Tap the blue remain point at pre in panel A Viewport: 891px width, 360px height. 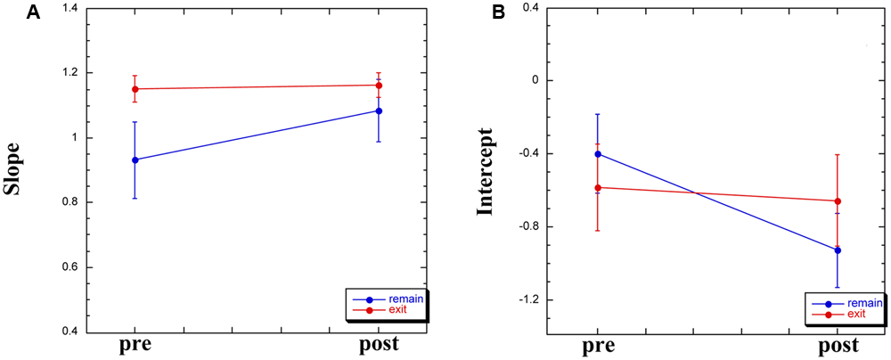135,160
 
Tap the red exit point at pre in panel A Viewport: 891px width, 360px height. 135,89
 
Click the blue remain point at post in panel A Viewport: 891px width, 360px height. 379,111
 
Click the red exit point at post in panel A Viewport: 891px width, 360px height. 379,86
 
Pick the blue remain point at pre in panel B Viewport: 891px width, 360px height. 598,154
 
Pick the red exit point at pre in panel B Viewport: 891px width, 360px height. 598,188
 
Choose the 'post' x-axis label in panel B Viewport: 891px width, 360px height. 837,346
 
